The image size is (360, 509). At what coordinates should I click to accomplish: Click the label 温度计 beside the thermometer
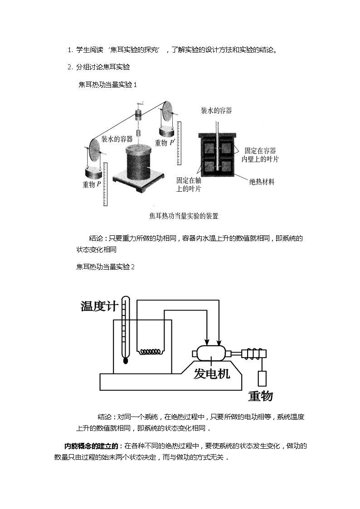click(x=99, y=306)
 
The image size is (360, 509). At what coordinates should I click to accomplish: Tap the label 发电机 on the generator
click(x=212, y=373)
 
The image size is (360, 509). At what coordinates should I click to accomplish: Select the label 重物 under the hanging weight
click(x=260, y=396)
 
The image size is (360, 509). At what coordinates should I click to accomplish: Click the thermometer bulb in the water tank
click(x=126, y=360)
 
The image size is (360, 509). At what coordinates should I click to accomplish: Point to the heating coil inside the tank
click(x=150, y=352)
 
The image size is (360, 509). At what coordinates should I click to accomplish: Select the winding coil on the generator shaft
click(x=253, y=354)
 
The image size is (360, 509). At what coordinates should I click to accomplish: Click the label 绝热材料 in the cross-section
click(x=262, y=182)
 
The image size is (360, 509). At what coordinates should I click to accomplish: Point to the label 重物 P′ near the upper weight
click(x=165, y=142)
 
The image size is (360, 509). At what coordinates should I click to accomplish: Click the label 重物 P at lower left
click(x=92, y=184)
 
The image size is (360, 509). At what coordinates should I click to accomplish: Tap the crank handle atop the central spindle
click(x=140, y=105)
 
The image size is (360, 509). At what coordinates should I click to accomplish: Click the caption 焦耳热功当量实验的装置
click(x=184, y=216)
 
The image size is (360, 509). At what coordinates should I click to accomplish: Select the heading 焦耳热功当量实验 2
click(x=106, y=267)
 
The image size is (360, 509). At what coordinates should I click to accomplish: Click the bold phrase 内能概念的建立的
click(x=93, y=446)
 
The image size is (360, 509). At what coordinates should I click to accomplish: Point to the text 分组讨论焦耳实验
click(x=103, y=67)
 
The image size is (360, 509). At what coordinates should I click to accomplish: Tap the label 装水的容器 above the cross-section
click(x=217, y=111)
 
